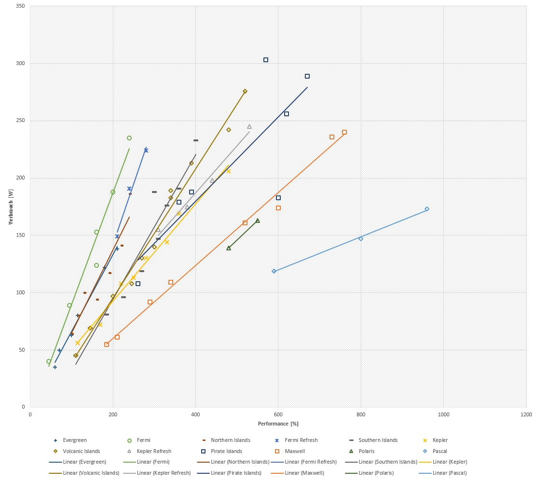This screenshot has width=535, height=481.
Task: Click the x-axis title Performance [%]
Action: click(x=278, y=424)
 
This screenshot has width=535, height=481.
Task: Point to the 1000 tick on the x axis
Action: click(x=443, y=414)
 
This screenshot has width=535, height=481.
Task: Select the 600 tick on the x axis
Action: click(x=278, y=414)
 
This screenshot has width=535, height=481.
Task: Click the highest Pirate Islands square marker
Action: click(x=266, y=60)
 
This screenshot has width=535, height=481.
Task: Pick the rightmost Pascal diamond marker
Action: click(x=427, y=209)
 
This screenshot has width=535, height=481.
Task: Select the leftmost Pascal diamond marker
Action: click(x=274, y=271)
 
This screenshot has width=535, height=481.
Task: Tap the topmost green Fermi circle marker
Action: click(x=129, y=138)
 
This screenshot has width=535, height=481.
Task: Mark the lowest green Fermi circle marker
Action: click(x=49, y=361)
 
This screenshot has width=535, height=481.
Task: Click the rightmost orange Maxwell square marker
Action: click(x=344, y=132)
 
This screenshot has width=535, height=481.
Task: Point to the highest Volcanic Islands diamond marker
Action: click(x=245, y=91)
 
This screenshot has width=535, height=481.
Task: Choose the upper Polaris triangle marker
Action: click(x=258, y=220)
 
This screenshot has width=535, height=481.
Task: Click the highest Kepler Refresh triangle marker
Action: click(x=249, y=126)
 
